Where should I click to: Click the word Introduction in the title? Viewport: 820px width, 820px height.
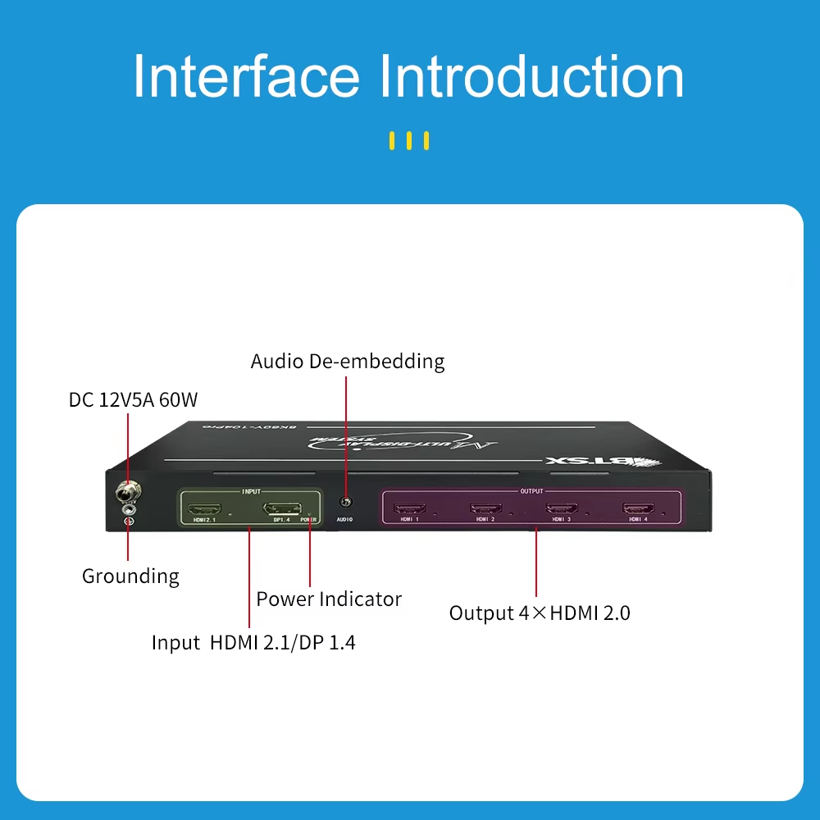tap(531, 77)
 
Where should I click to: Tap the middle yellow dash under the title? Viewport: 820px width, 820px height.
tap(409, 141)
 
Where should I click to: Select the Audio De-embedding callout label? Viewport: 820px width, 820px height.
tap(348, 361)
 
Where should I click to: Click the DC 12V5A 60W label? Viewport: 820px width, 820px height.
tap(133, 400)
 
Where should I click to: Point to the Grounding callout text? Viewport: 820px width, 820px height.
tap(130, 576)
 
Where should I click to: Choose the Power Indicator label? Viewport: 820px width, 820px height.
tap(329, 599)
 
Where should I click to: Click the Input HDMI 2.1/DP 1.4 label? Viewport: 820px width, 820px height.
tap(253, 642)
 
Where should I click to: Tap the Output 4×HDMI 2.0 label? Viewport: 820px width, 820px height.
tap(540, 613)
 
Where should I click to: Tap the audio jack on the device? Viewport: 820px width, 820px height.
tap(345, 502)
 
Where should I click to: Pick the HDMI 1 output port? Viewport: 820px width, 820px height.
tap(410, 508)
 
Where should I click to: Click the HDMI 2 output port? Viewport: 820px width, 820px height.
tap(485, 508)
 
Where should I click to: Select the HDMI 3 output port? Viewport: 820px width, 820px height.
tap(562, 508)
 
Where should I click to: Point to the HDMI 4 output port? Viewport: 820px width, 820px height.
tap(638, 508)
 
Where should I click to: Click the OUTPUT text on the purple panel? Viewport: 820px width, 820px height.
tap(531, 492)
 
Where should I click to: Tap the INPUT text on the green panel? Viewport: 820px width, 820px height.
tap(251, 491)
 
